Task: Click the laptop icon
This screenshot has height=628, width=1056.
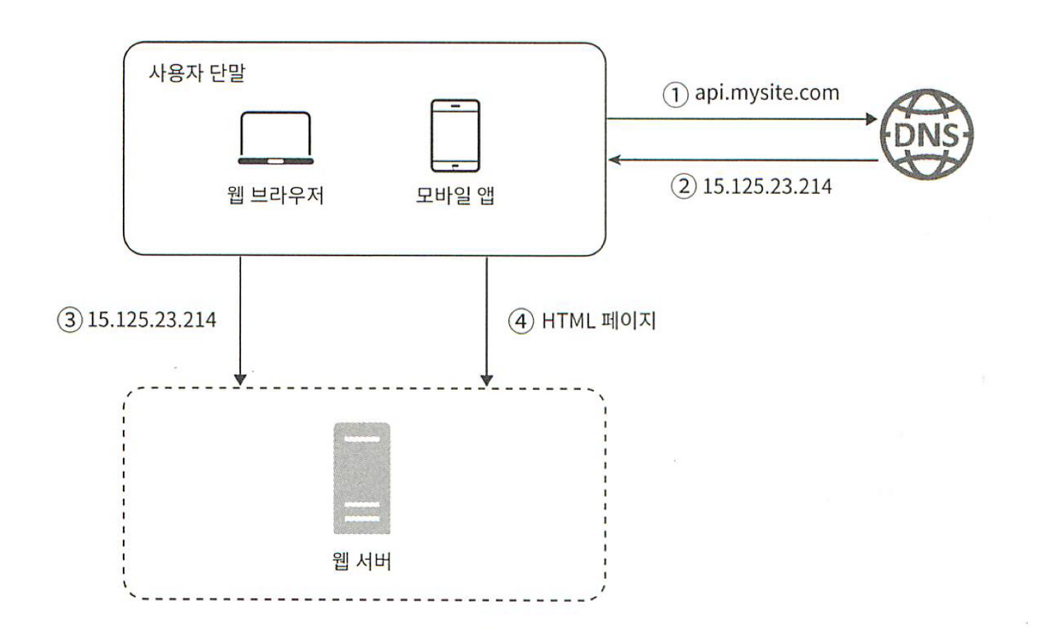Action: [275, 139]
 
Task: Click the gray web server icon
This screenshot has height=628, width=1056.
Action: [362, 478]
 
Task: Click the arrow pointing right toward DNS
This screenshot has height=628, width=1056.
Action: [742, 120]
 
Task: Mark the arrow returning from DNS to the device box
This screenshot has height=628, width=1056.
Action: [742, 161]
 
